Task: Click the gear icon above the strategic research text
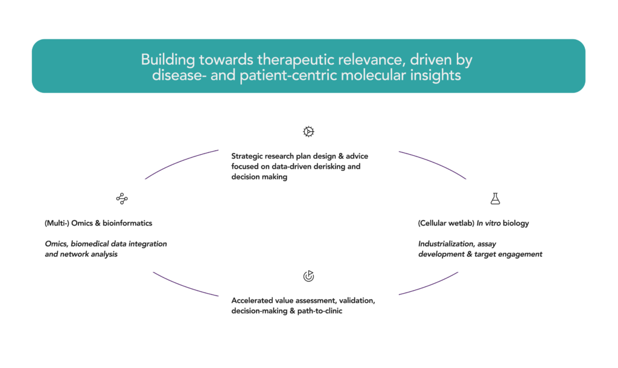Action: click(308, 131)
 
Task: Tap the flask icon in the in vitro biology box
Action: click(495, 198)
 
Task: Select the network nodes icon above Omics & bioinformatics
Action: click(122, 198)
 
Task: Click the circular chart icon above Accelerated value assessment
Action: click(308, 276)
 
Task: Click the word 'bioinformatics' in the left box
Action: click(127, 223)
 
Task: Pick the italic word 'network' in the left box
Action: click(73, 254)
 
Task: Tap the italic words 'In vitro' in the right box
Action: click(490, 223)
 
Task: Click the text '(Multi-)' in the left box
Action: click(56, 223)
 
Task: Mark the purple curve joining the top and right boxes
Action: click(435, 162)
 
